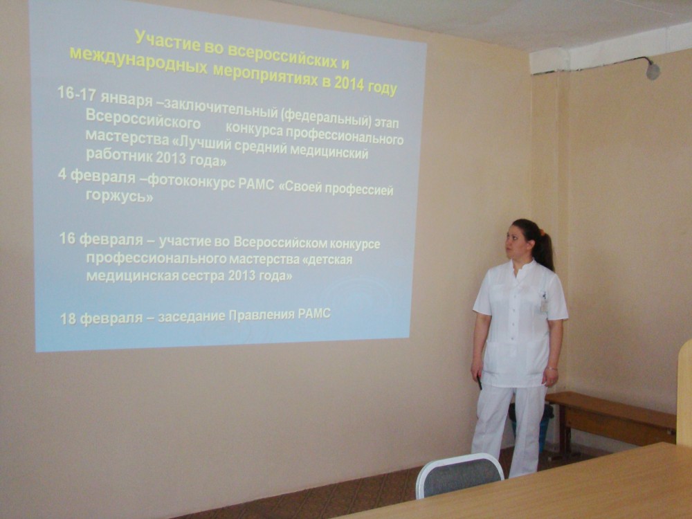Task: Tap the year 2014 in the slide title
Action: point(349,84)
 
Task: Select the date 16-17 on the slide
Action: point(77,95)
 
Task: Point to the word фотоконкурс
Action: point(191,181)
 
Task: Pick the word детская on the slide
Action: point(327,259)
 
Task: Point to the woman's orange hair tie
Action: point(542,232)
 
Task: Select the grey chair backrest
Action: point(459,475)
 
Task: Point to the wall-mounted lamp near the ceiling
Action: point(653,71)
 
